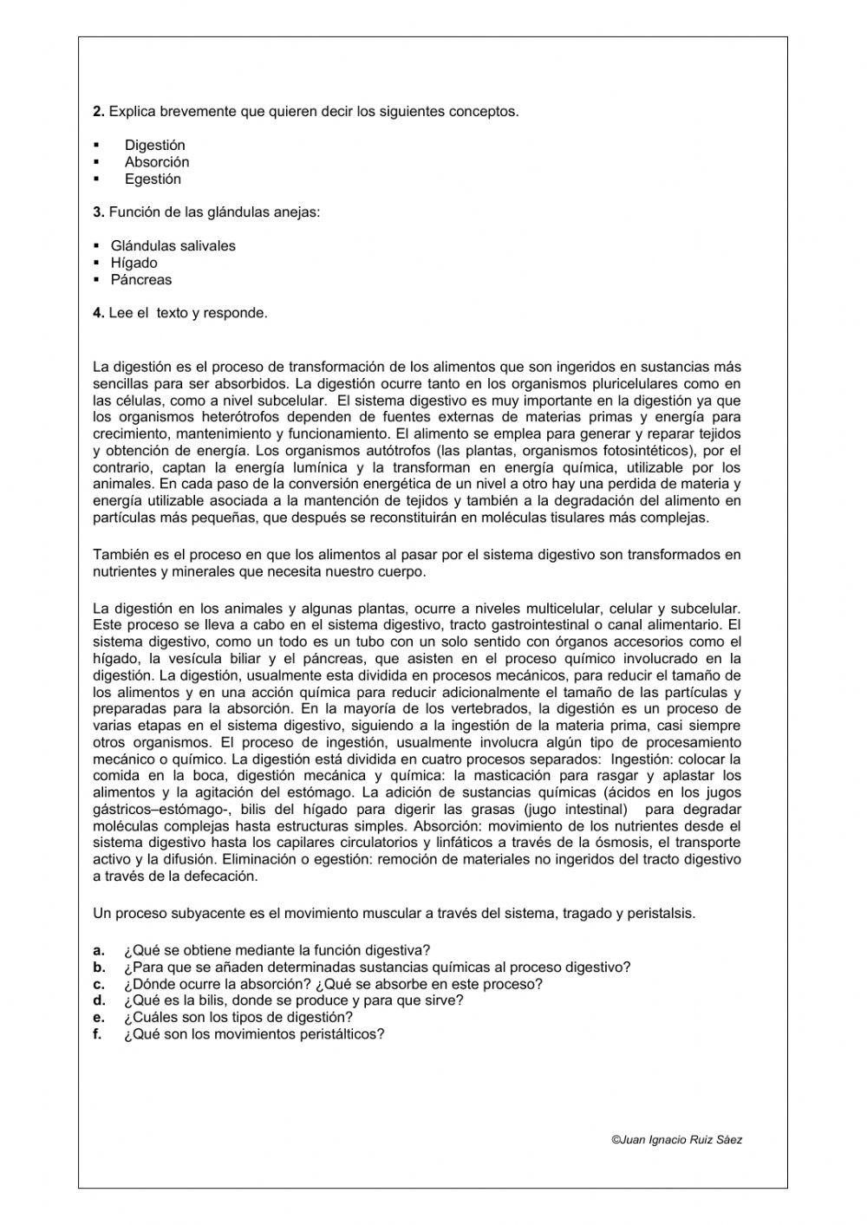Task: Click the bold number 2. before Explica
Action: [99, 111]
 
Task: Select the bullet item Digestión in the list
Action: [154, 145]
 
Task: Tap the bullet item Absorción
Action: [156, 162]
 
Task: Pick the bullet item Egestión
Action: [153, 179]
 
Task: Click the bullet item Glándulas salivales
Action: [173, 246]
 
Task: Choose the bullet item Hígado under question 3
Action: [134, 263]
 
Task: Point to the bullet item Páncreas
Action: [140, 280]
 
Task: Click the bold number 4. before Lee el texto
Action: [99, 313]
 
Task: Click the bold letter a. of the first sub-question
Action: [99, 950]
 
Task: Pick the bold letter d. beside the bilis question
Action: [99, 1000]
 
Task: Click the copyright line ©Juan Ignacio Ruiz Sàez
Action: [676, 1140]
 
